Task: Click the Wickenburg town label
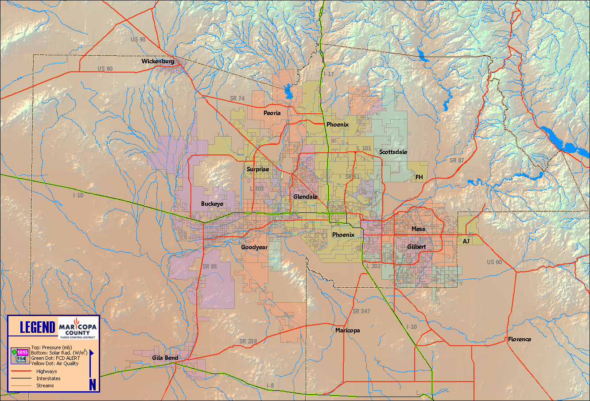pyautogui.click(x=158, y=62)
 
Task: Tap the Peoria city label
pyautogui.click(x=272, y=113)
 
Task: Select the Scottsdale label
pyautogui.click(x=393, y=152)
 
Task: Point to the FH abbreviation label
pyautogui.click(x=419, y=177)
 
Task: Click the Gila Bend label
pyautogui.click(x=165, y=358)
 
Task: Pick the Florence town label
pyautogui.click(x=519, y=339)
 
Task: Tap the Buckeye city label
pyautogui.click(x=212, y=204)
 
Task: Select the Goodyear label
pyautogui.click(x=254, y=247)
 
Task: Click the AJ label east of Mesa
pyautogui.click(x=466, y=242)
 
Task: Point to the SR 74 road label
pyautogui.click(x=237, y=99)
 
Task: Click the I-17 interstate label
pyautogui.click(x=329, y=74)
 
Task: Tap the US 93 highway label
pyautogui.click(x=138, y=40)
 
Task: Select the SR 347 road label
pyautogui.click(x=361, y=312)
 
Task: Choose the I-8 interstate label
pyautogui.click(x=270, y=386)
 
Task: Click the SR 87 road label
pyautogui.click(x=457, y=161)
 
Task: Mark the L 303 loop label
pyautogui.click(x=256, y=189)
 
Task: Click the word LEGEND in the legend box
pyautogui.click(x=38, y=328)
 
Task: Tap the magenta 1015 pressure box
pyautogui.click(x=23, y=353)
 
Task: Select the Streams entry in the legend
pyautogui.click(x=45, y=386)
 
